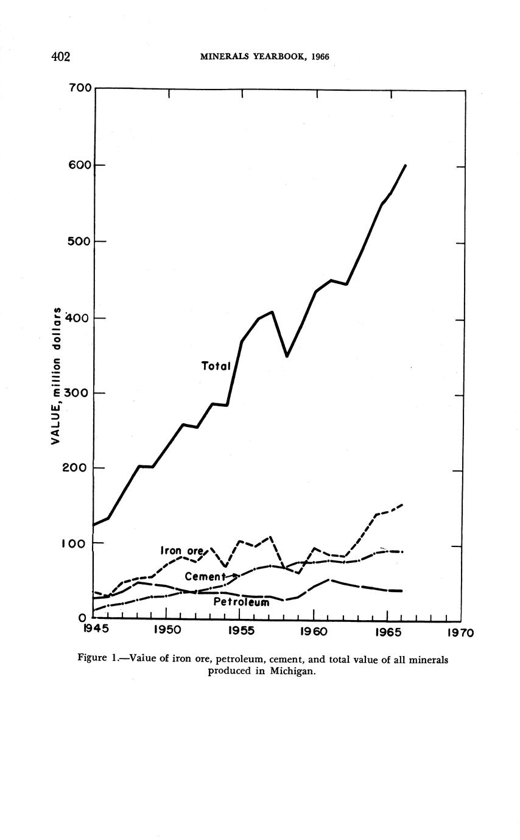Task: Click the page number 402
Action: click(x=61, y=57)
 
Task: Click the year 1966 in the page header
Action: click(x=318, y=57)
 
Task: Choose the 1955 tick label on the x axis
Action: click(x=241, y=630)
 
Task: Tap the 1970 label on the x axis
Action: click(x=460, y=633)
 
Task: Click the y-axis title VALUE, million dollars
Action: click(x=56, y=376)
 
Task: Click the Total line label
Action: click(x=216, y=366)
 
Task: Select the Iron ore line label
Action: click(x=181, y=551)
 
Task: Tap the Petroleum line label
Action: click(x=242, y=602)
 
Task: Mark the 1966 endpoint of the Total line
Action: click(x=406, y=165)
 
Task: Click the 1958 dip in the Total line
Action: click(x=287, y=356)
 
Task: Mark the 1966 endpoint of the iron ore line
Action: click(x=402, y=504)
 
